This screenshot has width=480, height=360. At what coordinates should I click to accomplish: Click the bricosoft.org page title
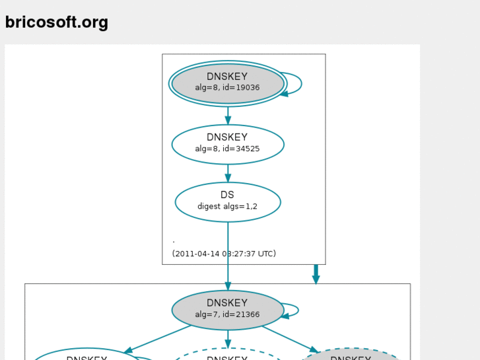click(x=56, y=22)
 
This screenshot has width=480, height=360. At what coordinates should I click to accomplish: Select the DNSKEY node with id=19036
click(x=228, y=83)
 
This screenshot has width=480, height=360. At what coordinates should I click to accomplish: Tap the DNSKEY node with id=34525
click(x=228, y=144)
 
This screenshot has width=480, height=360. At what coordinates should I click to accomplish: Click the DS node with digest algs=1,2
click(x=228, y=201)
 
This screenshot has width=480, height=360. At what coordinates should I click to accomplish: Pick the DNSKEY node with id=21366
click(x=228, y=310)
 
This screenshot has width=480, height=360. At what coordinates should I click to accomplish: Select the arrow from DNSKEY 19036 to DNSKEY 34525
click(x=228, y=115)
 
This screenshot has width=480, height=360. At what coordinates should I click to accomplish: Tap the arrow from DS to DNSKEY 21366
click(x=228, y=258)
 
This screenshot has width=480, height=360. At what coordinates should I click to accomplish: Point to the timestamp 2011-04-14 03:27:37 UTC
click(x=224, y=254)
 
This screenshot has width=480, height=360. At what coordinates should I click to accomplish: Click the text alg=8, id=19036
click(x=227, y=88)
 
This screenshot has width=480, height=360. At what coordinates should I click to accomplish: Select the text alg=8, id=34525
click(x=227, y=149)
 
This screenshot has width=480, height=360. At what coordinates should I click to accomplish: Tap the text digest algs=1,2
click(x=227, y=207)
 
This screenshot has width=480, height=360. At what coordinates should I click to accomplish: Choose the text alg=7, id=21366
click(x=227, y=315)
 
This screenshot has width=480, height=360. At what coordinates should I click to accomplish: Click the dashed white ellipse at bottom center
click(x=228, y=355)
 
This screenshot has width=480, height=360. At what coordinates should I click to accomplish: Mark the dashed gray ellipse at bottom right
click(x=351, y=355)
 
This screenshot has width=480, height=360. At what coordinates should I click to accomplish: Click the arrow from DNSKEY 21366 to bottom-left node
click(x=158, y=339)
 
